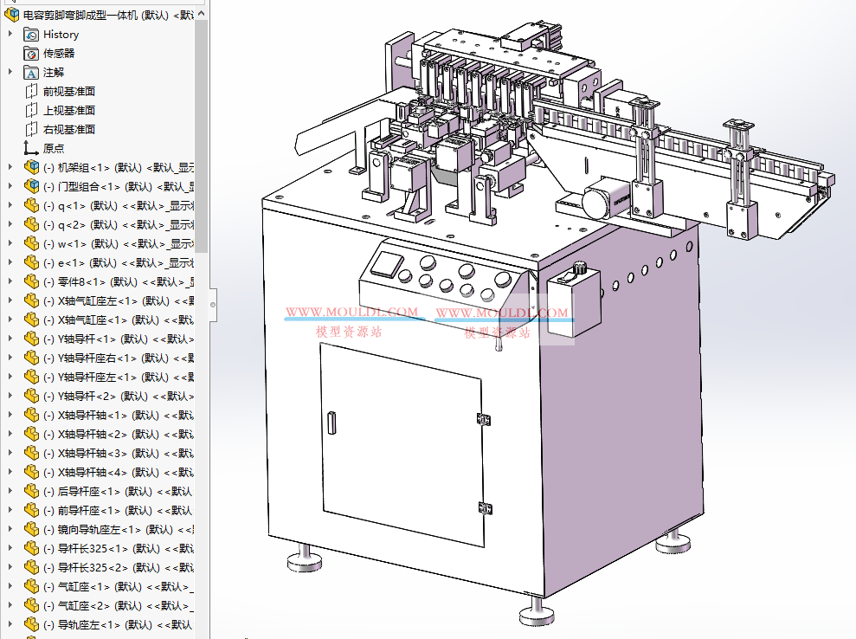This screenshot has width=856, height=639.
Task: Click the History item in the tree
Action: click(61, 35)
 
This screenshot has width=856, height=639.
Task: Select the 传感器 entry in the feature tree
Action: click(59, 54)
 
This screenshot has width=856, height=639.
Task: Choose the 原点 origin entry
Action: click(54, 149)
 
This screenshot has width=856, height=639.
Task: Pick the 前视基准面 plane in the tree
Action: click(69, 92)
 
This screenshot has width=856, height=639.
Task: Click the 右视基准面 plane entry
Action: click(69, 130)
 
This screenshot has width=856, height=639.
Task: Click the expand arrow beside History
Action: click(10, 35)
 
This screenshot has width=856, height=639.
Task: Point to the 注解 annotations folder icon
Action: click(31, 73)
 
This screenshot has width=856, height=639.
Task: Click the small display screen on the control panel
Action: click(383, 262)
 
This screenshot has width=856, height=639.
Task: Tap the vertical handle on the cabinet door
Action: click(331, 423)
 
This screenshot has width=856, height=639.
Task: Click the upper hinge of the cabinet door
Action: click(483, 419)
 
